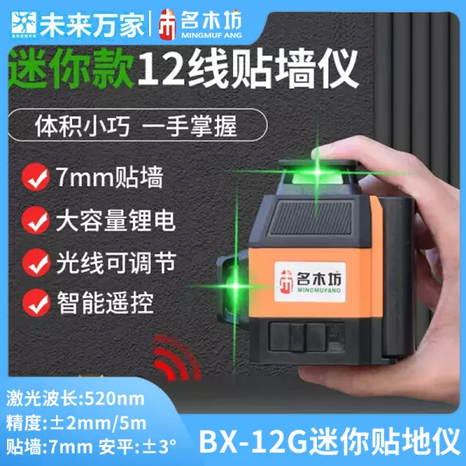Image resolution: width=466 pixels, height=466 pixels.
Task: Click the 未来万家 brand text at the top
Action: tap(92, 25)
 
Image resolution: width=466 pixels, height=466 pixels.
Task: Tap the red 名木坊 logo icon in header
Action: tap(167, 25)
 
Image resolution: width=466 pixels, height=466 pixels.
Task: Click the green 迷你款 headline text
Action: tap(71, 68)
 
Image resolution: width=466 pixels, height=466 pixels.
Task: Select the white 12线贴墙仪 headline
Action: tap(247, 69)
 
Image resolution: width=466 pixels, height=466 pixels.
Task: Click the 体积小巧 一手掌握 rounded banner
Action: tap(137, 125)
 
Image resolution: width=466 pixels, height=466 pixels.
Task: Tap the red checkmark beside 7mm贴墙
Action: tap(36, 177)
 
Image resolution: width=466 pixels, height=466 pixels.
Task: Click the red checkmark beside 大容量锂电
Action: tap(36, 221)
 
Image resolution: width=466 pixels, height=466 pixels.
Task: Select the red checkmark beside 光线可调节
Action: tap(36, 263)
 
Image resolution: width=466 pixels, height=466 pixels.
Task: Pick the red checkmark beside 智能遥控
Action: tap(37, 303)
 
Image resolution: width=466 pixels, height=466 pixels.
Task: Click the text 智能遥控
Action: tap(105, 303)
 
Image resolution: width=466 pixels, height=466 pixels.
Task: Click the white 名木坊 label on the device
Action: tap(310, 281)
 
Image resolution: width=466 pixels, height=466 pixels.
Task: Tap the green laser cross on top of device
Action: tap(318, 172)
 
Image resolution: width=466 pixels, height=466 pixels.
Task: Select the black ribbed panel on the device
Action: tap(311, 217)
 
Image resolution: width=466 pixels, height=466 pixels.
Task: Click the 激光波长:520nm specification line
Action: tap(75, 398)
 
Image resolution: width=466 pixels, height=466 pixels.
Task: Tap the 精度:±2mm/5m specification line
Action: tap(76, 423)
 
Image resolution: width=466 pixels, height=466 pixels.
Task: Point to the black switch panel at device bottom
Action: tap(306, 337)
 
